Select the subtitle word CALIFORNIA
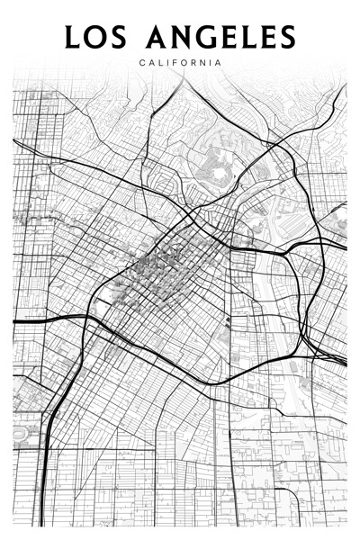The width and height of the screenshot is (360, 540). [180, 62]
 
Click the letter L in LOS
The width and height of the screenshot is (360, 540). [73, 38]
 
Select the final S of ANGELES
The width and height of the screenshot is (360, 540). [285, 38]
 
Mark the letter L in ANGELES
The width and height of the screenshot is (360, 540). [244, 38]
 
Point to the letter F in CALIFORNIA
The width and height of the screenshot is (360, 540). [177, 62]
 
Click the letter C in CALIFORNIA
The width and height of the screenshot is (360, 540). [143, 62]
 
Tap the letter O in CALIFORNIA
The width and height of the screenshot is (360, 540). [186, 62]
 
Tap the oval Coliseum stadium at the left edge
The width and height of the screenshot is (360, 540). [22, 436]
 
